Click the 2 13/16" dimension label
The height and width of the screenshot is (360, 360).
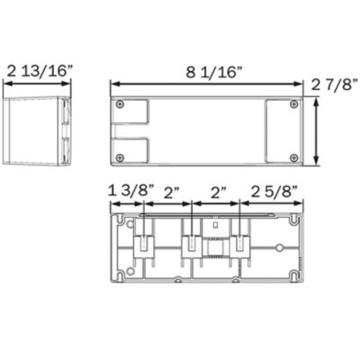point(40,71)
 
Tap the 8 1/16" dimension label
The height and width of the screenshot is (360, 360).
point(214,72)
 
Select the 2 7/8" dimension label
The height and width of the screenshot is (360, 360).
point(335,85)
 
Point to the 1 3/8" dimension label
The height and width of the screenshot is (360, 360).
point(130,191)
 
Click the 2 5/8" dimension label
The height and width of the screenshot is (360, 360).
point(274,192)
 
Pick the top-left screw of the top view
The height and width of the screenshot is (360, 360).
point(121,104)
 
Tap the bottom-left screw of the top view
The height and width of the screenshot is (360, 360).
point(120,157)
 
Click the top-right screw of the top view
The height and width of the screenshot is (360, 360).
point(293,103)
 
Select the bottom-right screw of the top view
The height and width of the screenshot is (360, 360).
point(294,157)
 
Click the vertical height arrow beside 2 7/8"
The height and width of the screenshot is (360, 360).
point(316,131)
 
